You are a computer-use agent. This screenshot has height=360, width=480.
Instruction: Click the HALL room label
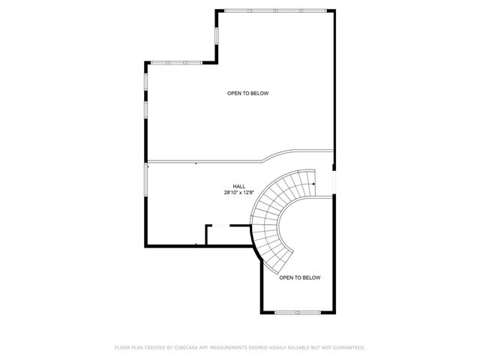point(238,186)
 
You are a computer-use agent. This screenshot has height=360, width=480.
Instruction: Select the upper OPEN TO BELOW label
point(247,93)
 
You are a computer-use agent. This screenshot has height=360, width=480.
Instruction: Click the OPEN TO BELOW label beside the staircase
point(299,277)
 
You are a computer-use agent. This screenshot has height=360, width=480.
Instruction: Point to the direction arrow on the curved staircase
point(312,181)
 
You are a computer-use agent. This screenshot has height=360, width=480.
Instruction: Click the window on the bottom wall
point(297,312)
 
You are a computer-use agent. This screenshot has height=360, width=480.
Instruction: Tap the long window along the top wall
point(274,10)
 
